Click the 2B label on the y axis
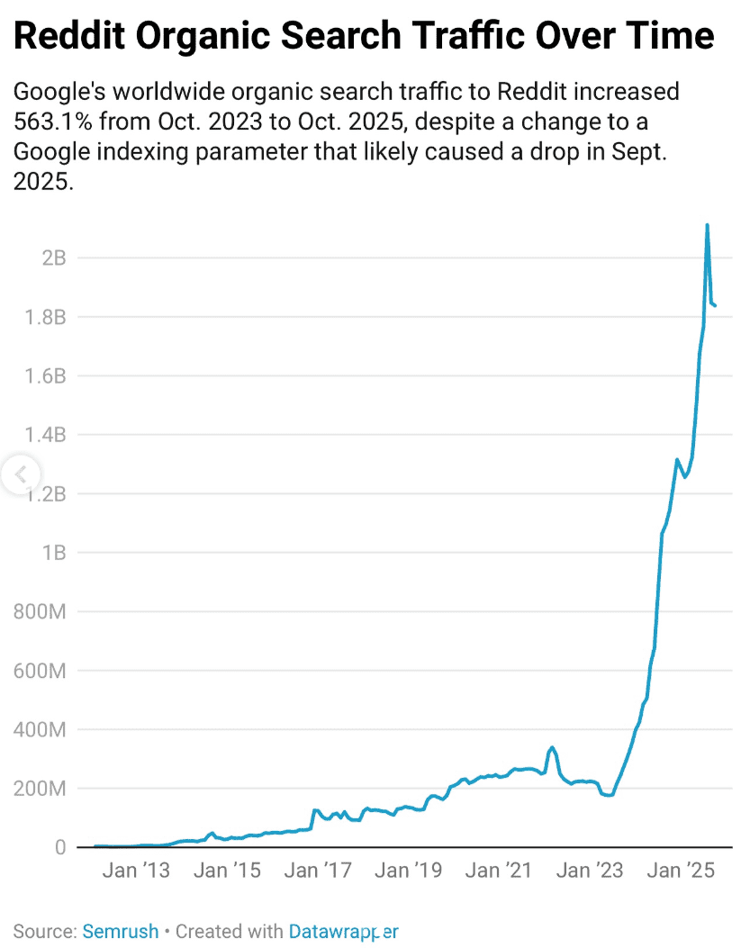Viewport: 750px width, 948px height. click(x=53, y=258)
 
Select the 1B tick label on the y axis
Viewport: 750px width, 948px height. click(x=53, y=553)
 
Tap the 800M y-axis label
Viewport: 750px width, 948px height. click(x=41, y=612)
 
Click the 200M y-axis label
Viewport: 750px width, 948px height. click(x=41, y=789)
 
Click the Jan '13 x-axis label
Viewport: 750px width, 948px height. click(x=136, y=871)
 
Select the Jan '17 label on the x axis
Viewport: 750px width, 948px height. click(x=318, y=871)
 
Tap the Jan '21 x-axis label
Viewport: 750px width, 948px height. click(x=499, y=871)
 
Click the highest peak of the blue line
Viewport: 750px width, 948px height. click(x=707, y=225)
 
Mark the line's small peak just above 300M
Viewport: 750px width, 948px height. click(x=552, y=747)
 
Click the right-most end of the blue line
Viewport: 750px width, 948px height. click(x=715, y=305)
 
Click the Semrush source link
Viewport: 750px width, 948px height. click(x=120, y=931)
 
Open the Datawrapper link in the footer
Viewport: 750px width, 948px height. click(x=343, y=931)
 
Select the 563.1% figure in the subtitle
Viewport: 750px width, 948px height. click(x=52, y=120)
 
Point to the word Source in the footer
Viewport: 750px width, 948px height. click(x=43, y=931)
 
